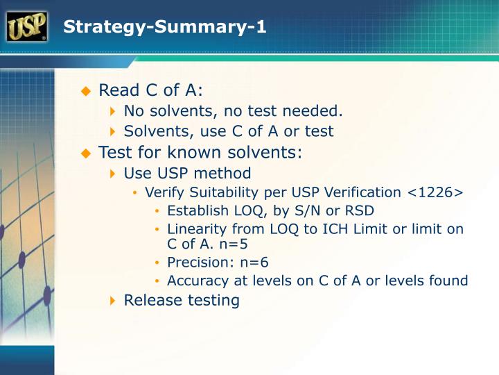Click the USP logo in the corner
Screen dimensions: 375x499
26,27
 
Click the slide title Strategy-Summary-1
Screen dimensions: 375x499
164,28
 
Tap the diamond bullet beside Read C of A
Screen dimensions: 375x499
86,91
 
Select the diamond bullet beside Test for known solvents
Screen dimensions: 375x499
86,152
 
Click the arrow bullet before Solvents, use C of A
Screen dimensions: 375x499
114,131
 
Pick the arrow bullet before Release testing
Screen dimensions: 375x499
114,301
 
